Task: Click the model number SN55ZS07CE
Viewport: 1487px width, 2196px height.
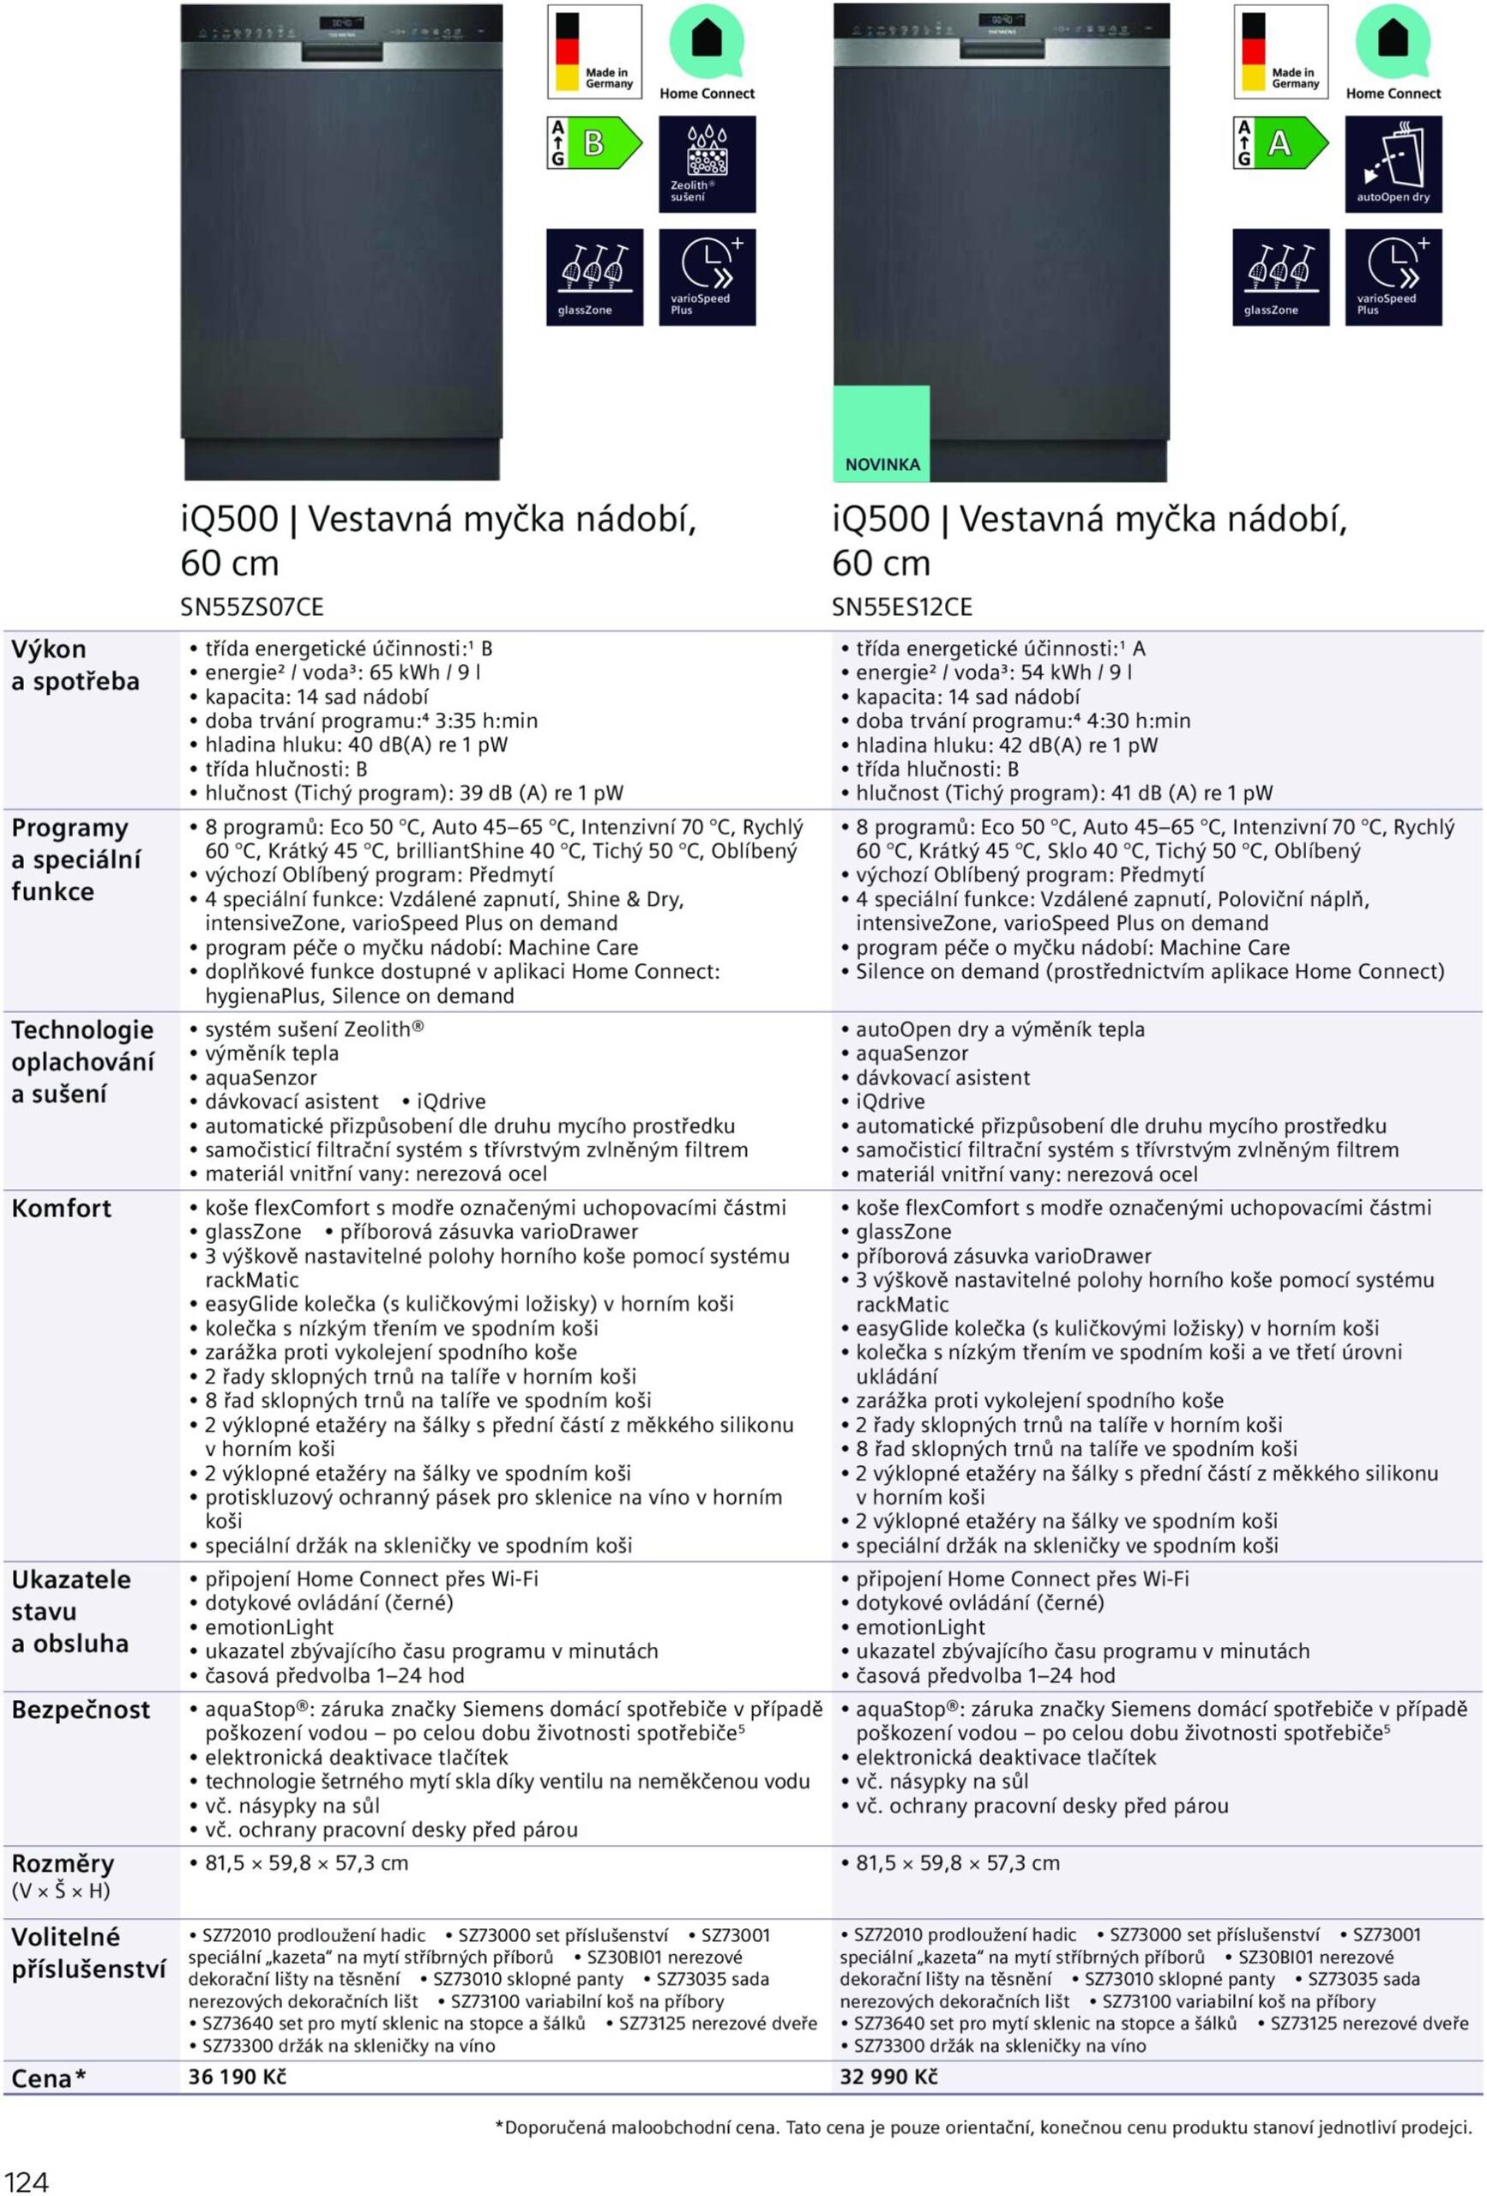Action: tap(251, 606)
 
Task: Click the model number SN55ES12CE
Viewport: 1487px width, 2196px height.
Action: tap(901, 606)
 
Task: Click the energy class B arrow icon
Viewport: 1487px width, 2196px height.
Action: tap(595, 143)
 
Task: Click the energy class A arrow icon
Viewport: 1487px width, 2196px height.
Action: tap(1281, 143)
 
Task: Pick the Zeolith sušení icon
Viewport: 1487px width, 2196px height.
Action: tap(707, 164)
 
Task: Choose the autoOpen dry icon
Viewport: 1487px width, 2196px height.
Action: tap(1393, 164)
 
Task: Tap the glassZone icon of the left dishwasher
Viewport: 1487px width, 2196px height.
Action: tap(594, 277)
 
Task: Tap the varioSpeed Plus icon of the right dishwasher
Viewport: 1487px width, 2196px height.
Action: tap(1393, 277)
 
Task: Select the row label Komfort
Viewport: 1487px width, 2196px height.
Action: tap(62, 1208)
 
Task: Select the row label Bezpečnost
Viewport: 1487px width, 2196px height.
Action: tap(81, 1709)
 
